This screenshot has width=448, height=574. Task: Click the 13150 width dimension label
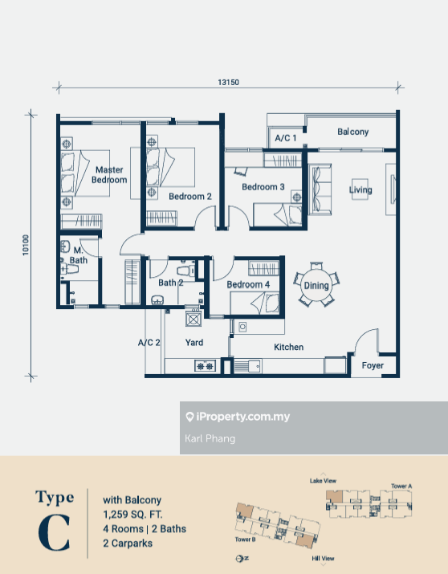[228, 83]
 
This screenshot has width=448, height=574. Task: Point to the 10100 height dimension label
[26, 245]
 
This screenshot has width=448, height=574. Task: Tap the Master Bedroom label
[109, 175]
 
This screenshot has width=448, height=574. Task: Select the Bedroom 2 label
[190, 197]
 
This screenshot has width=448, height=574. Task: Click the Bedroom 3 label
[263, 187]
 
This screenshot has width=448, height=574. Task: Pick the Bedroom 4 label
[248, 284]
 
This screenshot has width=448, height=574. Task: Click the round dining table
[316, 285]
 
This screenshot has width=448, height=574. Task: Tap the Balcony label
[352, 132]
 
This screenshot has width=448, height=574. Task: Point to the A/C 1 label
[286, 138]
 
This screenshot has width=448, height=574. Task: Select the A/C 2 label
[149, 343]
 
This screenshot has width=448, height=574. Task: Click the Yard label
[194, 343]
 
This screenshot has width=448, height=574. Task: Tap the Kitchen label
[289, 347]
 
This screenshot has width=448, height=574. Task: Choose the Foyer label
[373, 365]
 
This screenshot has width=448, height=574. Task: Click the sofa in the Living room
[320, 189]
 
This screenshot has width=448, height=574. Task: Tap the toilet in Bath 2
[185, 271]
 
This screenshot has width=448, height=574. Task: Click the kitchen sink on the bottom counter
[248, 366]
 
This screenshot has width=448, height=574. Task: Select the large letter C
[54, 532]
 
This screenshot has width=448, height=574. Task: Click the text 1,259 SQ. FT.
[132, 515]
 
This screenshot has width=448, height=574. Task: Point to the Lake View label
[323, 481]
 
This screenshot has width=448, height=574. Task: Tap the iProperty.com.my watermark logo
[238, 417]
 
